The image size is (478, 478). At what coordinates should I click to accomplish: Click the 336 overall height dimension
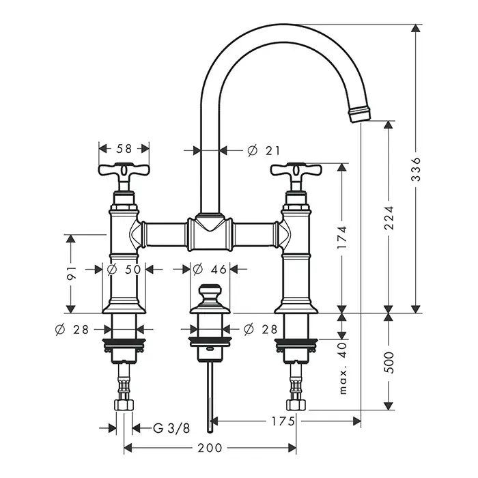416,169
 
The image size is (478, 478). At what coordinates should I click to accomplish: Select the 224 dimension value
389,218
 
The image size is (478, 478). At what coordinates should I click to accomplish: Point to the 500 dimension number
389,363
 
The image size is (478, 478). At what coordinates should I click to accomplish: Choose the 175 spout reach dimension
283,421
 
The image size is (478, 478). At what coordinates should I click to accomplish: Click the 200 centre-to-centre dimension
210,448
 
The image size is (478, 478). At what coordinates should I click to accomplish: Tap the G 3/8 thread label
171,428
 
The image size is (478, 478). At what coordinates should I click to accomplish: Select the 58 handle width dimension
124,148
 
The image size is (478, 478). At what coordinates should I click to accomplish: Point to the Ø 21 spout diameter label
264,150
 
